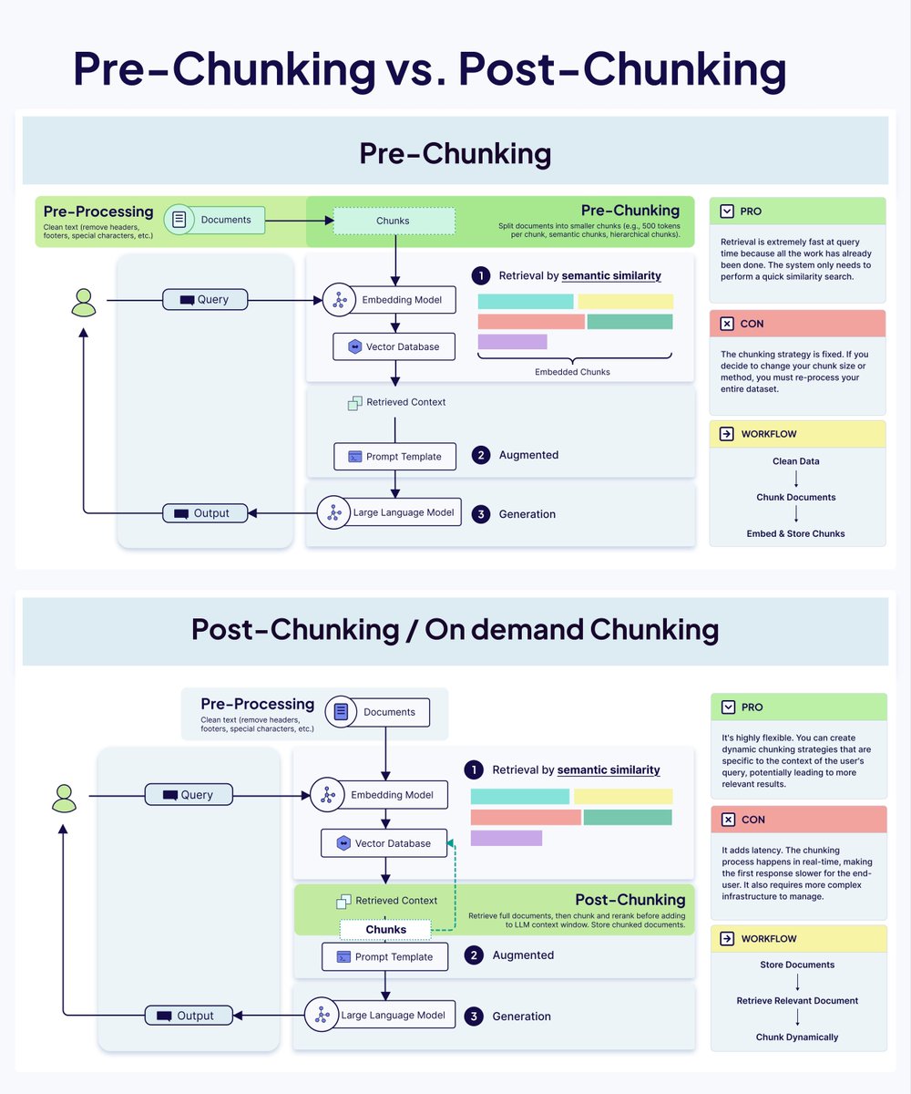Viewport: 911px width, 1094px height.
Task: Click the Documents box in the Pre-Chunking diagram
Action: click(215, 220)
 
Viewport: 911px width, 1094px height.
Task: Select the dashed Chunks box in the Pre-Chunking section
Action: click(394, 221)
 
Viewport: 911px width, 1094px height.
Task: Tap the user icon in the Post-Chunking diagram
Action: click(64, 798)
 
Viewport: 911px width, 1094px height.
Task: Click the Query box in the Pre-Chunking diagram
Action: click(205, 299)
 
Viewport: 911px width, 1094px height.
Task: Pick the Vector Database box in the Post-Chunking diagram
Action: click(384, 843)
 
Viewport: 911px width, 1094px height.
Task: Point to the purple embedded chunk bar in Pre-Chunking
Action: click(512, 342)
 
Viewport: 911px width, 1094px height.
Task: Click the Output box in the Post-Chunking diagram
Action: click(189, 1016)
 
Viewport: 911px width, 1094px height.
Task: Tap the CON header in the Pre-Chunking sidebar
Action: click(797, 324)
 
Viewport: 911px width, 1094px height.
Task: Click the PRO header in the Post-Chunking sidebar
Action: click(797, 707)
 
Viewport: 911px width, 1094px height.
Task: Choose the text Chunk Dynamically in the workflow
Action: click(797, 1037)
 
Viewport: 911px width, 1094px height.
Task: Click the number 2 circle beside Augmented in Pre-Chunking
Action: click(481, 455)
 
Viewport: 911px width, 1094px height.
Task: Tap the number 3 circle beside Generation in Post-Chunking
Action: click(474, 1016)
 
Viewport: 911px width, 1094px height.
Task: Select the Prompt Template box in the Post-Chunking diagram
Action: click(384, 956)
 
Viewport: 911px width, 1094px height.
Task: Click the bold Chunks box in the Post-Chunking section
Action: click(385, 929)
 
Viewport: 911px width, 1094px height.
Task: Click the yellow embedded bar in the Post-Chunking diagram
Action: click(623, 796)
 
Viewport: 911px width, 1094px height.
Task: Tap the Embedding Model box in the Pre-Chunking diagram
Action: click(389, 299)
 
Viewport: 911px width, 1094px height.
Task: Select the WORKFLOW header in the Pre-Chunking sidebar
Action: click(797, 434)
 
